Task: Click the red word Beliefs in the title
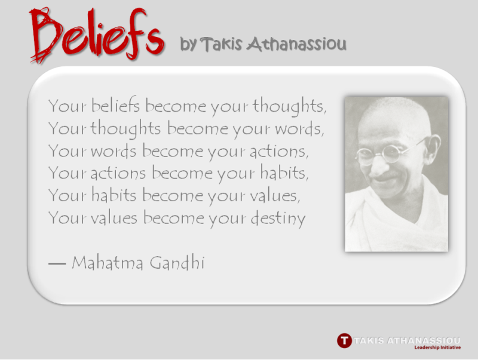[x=97, y=35]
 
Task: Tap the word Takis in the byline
[x=222, y=44]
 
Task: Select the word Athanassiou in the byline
[x=296, y=44]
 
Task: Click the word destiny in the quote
[x=278, y=219]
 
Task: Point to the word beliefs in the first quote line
[x=115, y=106]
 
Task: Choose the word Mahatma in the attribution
[x=108, y=262]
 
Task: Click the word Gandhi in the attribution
[x=177, y=262]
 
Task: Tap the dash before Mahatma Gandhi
[x=57, y=264]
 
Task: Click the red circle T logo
[x=344, y=340]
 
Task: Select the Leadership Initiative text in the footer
[x=437, y=347]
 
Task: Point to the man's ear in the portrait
[x=434, y=147]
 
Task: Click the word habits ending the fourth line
[x=284, y=173]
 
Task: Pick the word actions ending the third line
[x=279, y=151]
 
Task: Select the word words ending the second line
[x=299, y=129]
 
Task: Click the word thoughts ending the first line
[x=290, y=107]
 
